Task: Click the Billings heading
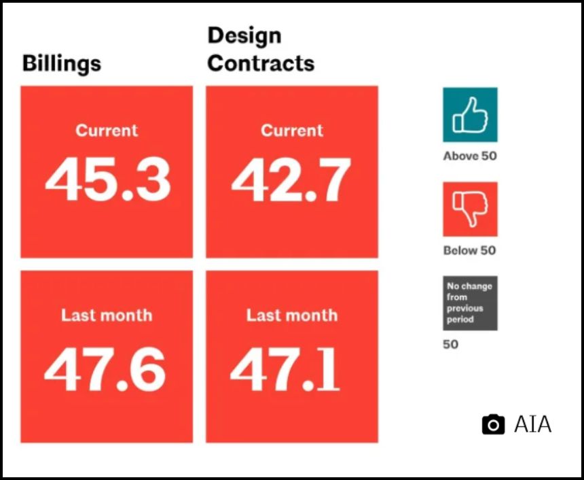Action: pos(62,63)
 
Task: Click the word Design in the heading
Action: pos(244,35)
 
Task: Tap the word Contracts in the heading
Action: pos(261,63)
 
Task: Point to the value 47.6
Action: pos(105,370)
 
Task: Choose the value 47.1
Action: pos(285,370)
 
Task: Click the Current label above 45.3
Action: pos(107,131)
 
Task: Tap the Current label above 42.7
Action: pos(292,131)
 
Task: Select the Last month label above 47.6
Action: pos(107,315)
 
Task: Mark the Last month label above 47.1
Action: pos(292,315)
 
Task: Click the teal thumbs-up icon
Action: pos(470,115)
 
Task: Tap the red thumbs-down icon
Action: pos(470,209)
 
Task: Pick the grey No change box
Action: pos(470,303)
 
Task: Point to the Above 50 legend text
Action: pos(470,156)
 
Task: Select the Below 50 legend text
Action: pos(470,250)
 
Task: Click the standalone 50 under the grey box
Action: pos(451,344)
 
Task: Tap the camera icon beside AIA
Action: pos(493,425)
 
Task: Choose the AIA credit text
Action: pos(532,425)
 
